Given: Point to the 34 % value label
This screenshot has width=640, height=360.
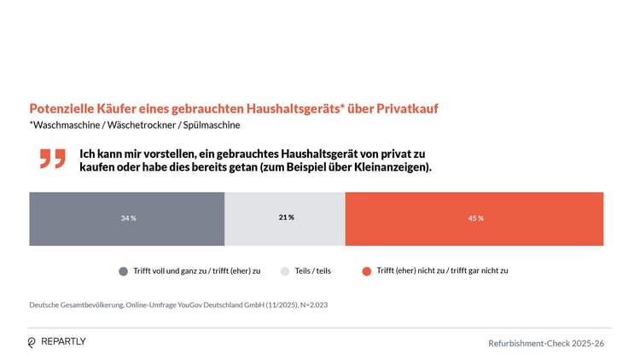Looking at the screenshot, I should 128,218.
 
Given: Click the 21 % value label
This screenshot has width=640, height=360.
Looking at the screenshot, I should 286,218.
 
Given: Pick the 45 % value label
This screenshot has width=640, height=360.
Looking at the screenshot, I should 475,218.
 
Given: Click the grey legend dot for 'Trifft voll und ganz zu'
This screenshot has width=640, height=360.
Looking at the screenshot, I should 124,271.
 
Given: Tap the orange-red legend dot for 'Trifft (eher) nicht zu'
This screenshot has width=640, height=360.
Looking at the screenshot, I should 366,271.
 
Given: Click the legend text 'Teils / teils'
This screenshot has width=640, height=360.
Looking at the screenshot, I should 312,271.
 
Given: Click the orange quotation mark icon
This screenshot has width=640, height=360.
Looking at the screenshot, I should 52,158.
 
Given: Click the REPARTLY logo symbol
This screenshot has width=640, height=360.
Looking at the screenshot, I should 32,342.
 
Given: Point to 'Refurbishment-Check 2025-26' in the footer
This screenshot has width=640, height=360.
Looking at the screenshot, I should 546,343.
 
